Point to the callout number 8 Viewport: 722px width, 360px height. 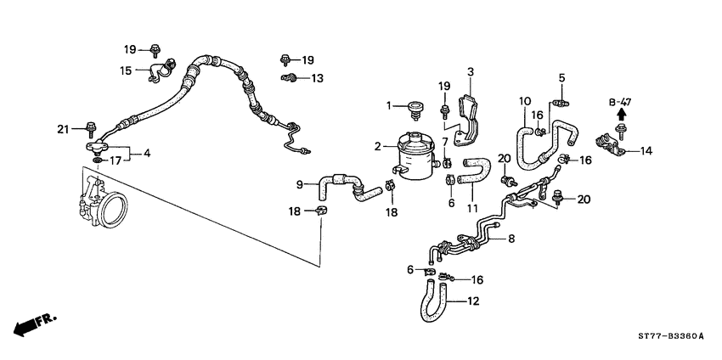[x=510, y=240]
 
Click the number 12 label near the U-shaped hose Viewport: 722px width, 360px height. [x=473, y=301]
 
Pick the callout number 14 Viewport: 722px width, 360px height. [x=646, y=151]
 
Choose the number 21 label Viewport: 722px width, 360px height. [x=62, y=129]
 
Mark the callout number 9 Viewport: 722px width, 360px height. [x=300, y=184]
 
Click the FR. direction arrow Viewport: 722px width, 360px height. [x=32, y=323]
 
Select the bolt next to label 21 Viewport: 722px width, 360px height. [x=90, y=130]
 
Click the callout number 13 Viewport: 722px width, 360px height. [x=317, y=78]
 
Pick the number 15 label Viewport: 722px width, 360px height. [x=126, y=70]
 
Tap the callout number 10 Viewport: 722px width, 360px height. [x=525, y=102]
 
